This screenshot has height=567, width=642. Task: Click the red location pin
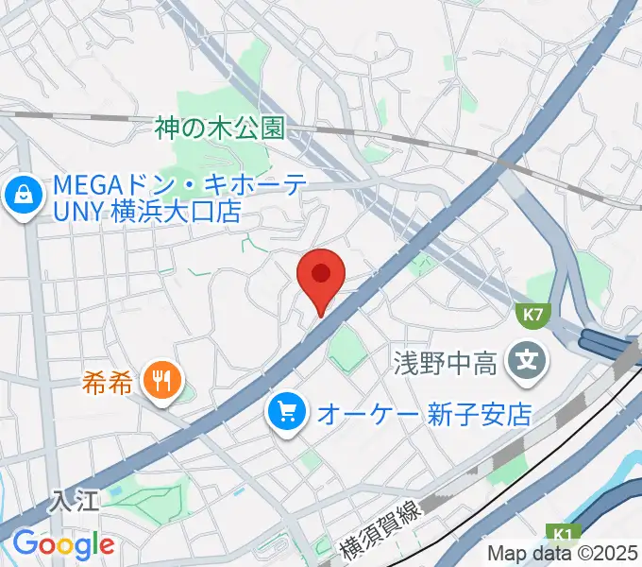321,276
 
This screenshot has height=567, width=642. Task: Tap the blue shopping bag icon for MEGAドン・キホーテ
19,197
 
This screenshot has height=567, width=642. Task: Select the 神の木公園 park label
220,129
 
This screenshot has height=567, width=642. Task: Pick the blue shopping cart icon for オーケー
285,411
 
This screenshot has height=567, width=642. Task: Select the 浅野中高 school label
445,362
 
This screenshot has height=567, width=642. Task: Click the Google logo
63,543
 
